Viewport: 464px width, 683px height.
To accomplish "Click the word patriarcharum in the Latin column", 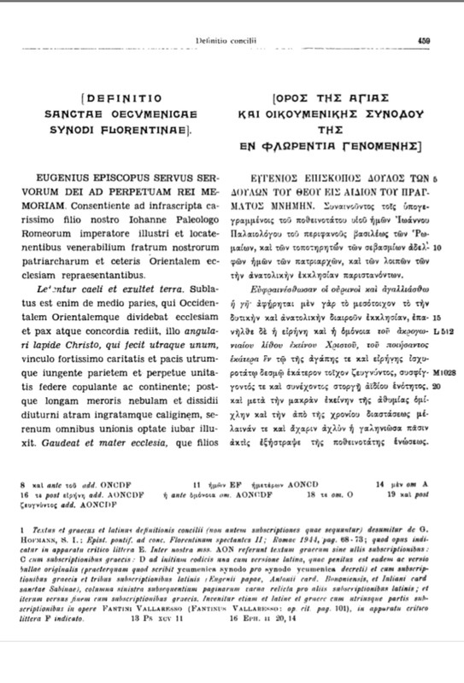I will pyautogui.click(x=71, y=233).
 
